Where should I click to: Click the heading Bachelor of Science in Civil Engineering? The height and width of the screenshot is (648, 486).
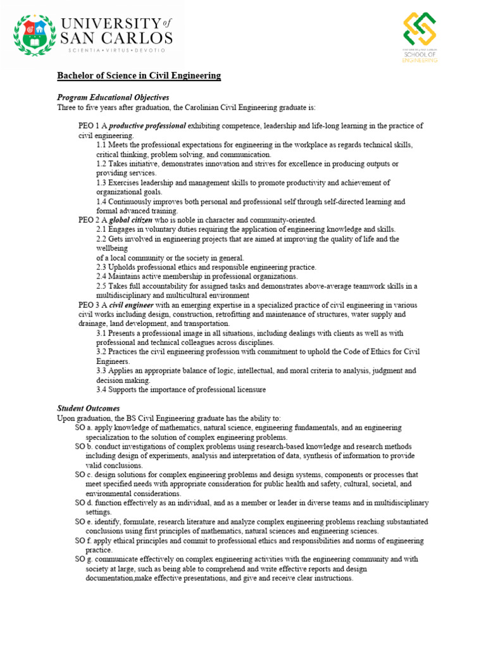(x=139, y=76)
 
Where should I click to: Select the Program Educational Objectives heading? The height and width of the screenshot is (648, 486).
(x=113, y=97)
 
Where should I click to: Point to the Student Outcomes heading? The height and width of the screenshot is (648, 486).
(x=89, y=409)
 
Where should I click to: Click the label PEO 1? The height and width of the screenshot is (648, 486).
(x=88, y=126)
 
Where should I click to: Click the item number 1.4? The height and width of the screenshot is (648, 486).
(x=102, y=201)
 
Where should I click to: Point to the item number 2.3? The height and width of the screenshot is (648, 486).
(x=102, y=267)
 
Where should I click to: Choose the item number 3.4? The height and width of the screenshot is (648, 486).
(x=102, y=389)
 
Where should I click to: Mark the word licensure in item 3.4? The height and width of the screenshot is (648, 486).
(x=249, y=389)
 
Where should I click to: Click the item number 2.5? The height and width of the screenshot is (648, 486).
(x=102, y=286)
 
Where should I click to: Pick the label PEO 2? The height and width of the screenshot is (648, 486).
(x=88, y=220)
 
